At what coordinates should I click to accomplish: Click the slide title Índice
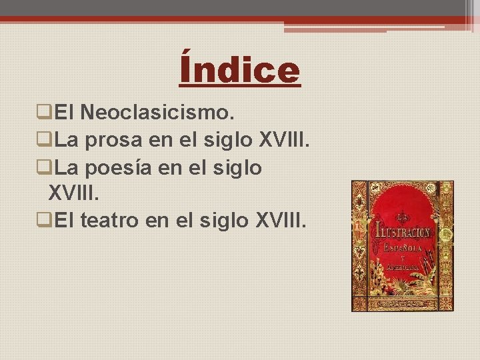240,70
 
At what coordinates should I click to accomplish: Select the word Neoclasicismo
157,113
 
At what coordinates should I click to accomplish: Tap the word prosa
115,141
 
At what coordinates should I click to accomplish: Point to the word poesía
120,168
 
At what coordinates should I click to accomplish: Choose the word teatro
112,221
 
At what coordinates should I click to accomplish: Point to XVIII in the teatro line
281,221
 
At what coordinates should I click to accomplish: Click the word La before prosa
67,141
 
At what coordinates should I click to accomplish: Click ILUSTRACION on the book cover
403,233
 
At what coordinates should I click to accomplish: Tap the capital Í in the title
189,70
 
